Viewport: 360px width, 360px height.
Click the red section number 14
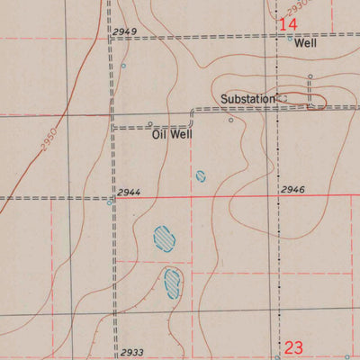point(289,24)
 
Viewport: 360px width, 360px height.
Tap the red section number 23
point(294,347)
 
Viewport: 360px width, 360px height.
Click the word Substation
point(247,98)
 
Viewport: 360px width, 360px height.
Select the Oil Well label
point(171,135)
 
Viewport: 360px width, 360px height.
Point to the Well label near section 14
point(306,42)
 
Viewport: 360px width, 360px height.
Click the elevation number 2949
point(125,32)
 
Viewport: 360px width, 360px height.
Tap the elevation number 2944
point(126,193)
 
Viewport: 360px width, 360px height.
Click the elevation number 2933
point(131,353)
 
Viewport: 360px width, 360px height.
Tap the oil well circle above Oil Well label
point(150,124)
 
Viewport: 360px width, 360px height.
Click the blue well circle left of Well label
point(290,39)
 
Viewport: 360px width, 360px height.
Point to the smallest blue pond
point(200,176)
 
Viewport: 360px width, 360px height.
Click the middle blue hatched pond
point(164,238)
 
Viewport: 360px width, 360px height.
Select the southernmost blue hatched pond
point(173,283)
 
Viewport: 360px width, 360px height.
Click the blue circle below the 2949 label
point(124,66)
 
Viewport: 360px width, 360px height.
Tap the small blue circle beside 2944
point(110,202)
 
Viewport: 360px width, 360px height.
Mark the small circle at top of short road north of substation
point(310,76)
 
